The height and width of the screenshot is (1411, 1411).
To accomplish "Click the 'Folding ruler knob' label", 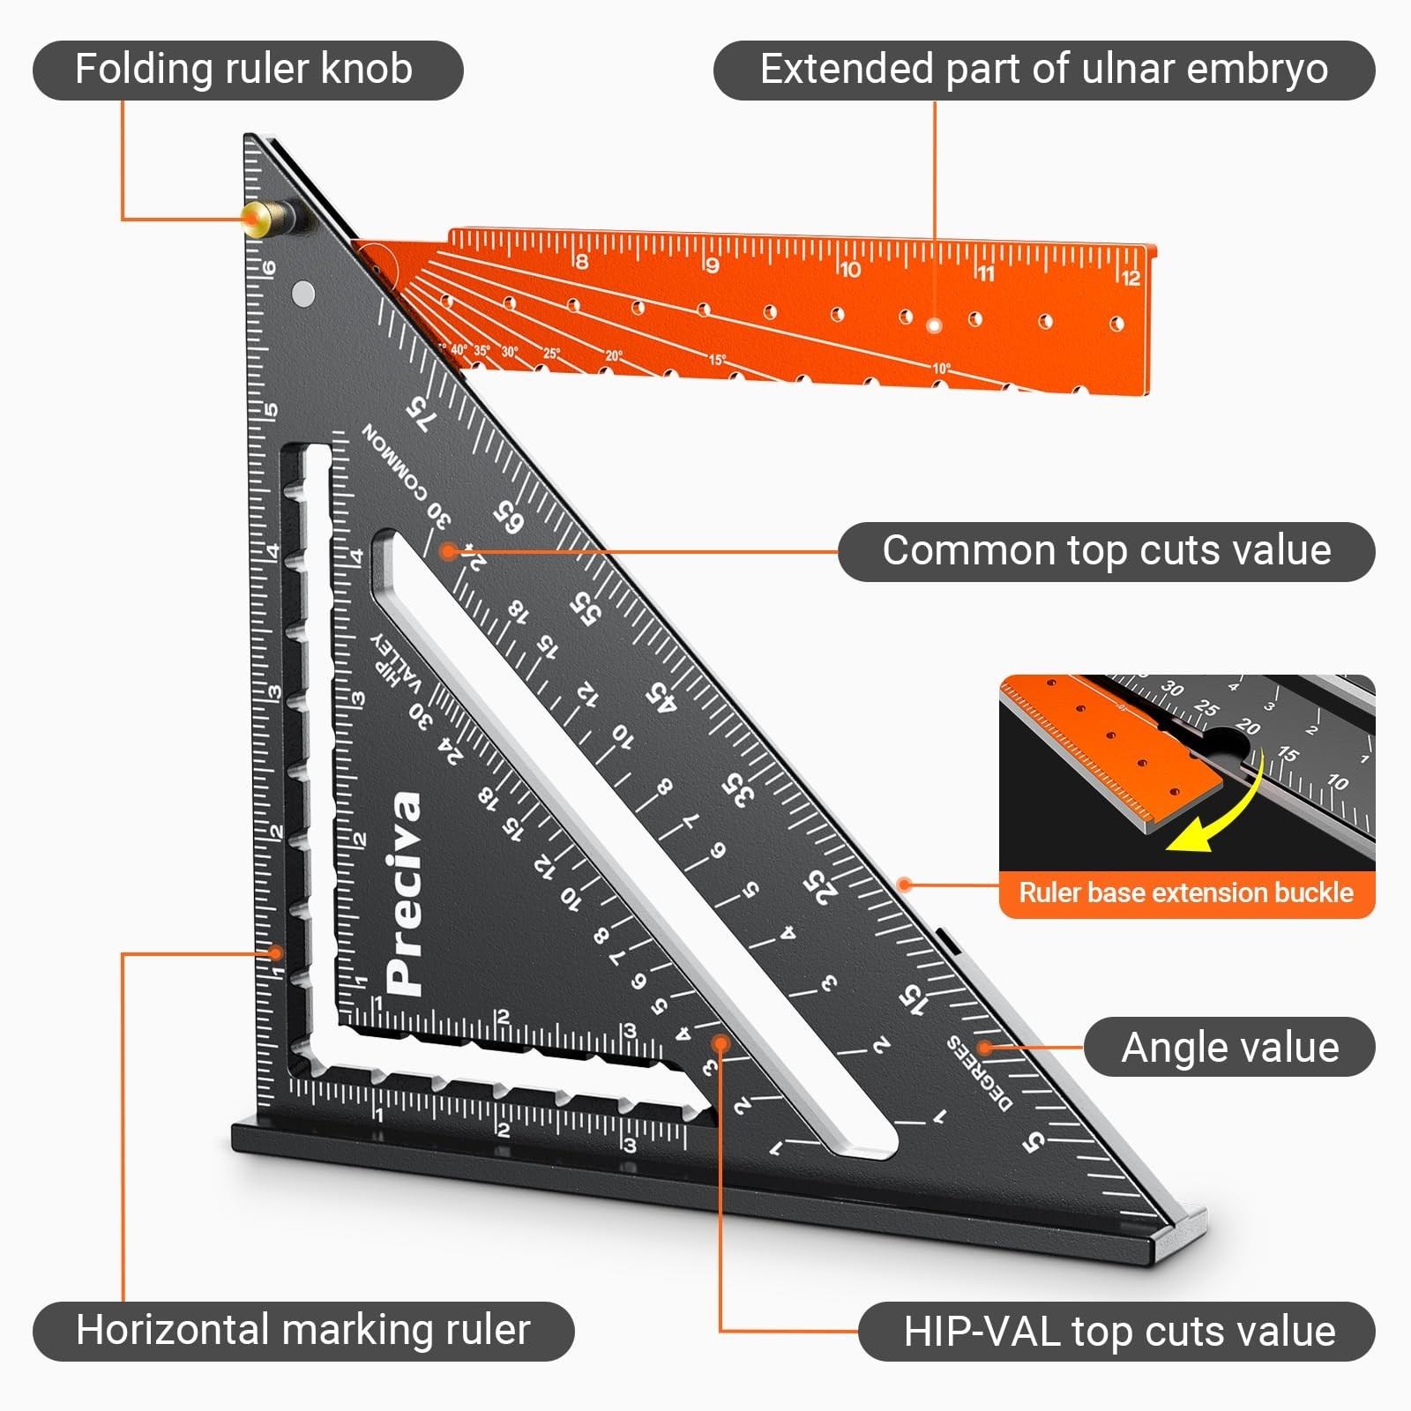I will (x=244, y=70).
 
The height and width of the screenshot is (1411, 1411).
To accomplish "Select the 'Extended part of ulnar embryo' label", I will (x=1043, y=70).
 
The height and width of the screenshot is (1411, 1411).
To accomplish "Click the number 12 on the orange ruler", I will (x=1131, y=278).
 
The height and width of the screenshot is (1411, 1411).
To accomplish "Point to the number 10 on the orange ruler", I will (x=850, y=269).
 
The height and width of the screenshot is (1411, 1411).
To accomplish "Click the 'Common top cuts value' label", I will (x=1106, y=551).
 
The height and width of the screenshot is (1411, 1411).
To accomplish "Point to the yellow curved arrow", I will (x=1221, y=811).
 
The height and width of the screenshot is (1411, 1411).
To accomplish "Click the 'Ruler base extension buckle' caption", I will (x=1186, y=892).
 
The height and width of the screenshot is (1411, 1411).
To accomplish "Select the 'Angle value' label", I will (x=1229, y=1048).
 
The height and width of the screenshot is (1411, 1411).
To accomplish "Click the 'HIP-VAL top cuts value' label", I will (x=1118, y=1332).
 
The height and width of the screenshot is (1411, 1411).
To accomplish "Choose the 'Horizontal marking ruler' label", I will (x=302, y=1331).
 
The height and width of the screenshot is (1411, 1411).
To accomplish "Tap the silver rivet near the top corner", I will (x=302, y=293).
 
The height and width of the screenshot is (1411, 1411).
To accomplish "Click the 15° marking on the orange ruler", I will (x=717, y=360).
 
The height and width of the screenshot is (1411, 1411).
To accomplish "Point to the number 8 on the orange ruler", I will (x=581, y=261).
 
